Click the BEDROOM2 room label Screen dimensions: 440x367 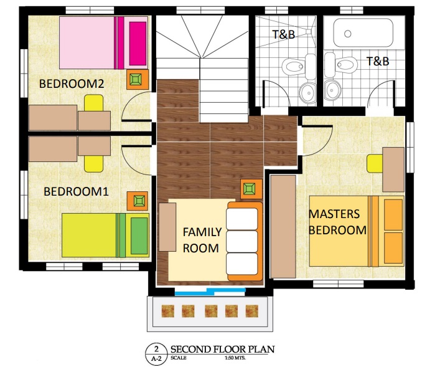coord(72,83)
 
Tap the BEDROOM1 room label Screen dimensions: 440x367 coord(76,192)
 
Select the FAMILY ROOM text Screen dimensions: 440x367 coord(202,240)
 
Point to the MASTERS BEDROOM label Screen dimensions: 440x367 coord(337,222)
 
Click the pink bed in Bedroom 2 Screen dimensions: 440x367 coord(103,43)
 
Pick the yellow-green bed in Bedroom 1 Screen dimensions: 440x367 coord(106,235)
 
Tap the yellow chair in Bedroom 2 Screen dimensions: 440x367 coord(93,103)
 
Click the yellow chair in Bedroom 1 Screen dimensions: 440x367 coord(93,163)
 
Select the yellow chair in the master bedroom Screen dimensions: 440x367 coord(375,163)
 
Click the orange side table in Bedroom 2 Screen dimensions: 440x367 coord(137,80)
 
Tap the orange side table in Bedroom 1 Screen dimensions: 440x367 coord(137,201)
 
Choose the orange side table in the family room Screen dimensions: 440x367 coord(251,189)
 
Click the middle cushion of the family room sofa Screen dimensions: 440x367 coord(242,241)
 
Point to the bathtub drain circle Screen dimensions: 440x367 coord(348,34)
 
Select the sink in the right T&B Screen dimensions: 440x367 coord(332,90)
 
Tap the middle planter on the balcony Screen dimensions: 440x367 coord(211,311)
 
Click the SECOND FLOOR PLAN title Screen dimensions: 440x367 coord(223,350)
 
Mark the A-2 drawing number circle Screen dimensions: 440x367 coord(156,355)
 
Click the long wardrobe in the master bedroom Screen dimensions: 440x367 coord(283,227)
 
